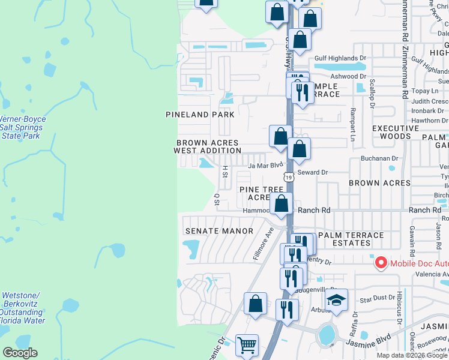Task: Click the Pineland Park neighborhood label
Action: pyautogui.click(x=200, y=114)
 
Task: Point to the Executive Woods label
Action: pyautogui.click(x=396, y=133)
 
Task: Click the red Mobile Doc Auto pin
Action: pyautogui.click(x=380, y=263)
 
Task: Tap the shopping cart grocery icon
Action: pyautogui.click(x=247, y=345)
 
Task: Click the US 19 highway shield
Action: pyautogui.click(x=289, y=177)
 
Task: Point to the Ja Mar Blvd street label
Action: pyautogui.click(x=265, y=165)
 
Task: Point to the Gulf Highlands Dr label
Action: pyautogui.click(x=340, y=58)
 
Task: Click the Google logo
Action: pyautogui.click(x=20, y=353)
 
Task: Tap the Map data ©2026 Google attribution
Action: pyautogui.click(x=412, y=355)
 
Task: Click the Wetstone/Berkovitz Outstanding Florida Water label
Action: pyautogui.click(x=23, y=308)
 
